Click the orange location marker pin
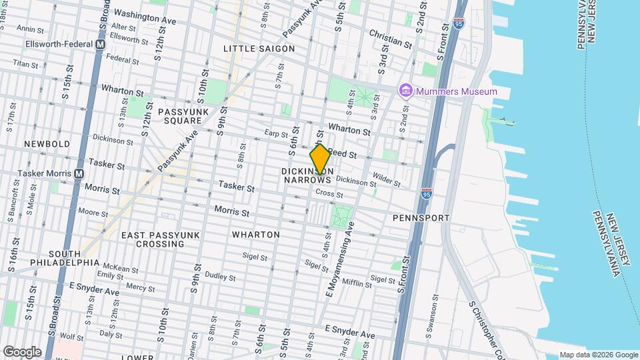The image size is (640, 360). coord(320,159)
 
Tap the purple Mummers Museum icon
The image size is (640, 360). coord(405,91)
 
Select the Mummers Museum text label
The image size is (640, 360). coord(457,91)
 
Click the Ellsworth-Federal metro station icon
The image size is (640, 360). coord(101,44)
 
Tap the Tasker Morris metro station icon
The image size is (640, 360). coord(79,173)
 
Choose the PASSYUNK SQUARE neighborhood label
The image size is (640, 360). coord(180,116)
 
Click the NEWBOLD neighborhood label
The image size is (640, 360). coord(47,144)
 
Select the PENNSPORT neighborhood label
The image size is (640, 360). coord(421,218)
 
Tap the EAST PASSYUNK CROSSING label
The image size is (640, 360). coord(153,239)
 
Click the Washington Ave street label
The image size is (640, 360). coord(145,17)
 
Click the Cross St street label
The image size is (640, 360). coord(329,194)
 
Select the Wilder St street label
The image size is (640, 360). coord(386,178)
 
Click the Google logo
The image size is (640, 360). coord(22,352)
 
